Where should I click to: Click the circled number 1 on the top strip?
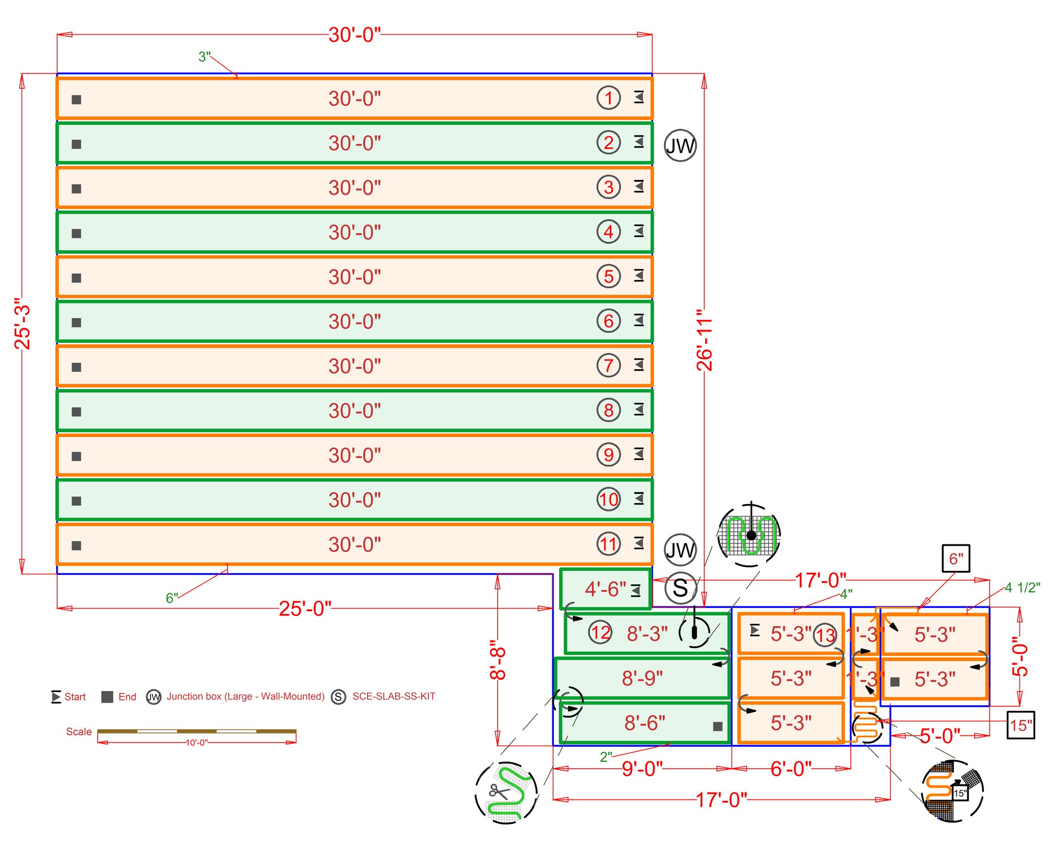coord(609,98)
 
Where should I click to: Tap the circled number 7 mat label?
coord(609,365)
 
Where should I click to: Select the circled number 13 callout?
coord(825,635)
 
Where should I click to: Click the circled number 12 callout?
coord(600,632)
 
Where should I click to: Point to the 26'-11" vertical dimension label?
coord(705,344)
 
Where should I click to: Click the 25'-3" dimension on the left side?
coord(23,324)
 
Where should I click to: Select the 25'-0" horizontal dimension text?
coord(305,609)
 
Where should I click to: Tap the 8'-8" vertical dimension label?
coord(498,659)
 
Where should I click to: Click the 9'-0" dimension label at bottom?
coord(642,769)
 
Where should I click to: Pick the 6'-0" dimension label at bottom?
coord(791,769)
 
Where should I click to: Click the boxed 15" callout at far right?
coord(1021,726)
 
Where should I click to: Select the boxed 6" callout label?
coord(956,559)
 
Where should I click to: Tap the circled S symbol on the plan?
coord(680,588)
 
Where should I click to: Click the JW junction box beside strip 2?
coord(680,145)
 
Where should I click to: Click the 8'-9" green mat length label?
coord(642,678)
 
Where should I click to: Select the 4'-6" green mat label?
coord(605,589)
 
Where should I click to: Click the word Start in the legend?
coord(75,697)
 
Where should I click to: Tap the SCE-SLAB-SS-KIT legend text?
coord(394,696)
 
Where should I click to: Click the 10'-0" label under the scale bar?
coord(197,742)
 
